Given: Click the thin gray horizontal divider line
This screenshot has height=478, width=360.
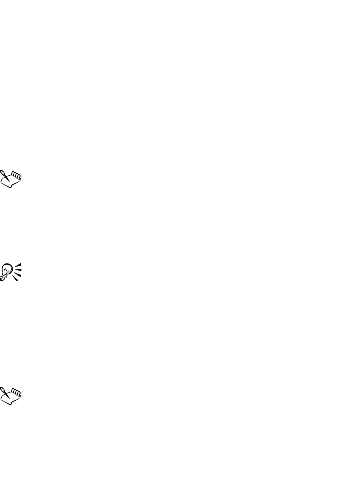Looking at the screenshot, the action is click(180, 81).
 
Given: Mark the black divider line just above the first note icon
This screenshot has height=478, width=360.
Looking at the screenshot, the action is click(180, 162).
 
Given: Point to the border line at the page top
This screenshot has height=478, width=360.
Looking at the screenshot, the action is click(180, 0).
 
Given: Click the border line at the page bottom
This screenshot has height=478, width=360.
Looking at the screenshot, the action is click(180, 477).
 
